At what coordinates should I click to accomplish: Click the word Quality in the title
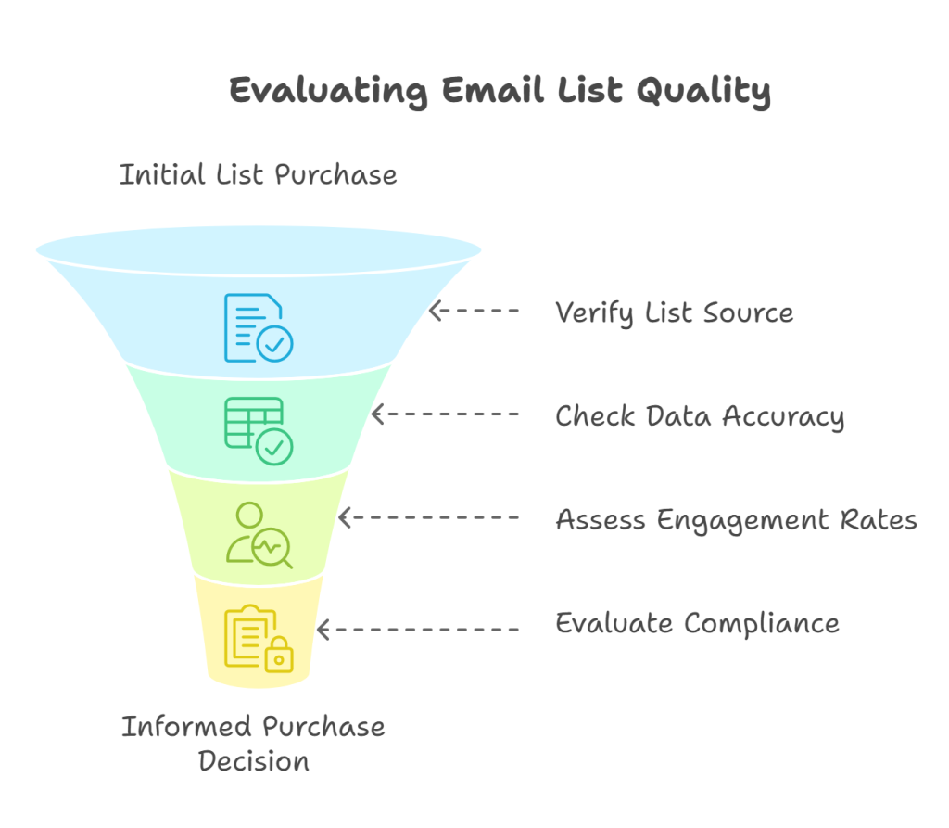(x=703, y=92)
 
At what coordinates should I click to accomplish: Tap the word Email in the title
(x=493, y=90)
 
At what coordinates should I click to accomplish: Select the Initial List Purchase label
(x=259, y=175)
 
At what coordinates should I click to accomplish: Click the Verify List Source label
(x=675, y=313)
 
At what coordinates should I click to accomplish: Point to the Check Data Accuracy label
(x=700, y=416)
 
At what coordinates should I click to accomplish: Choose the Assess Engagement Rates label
(x=737, y=520)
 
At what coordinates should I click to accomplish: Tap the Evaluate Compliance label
(x=697, y=623)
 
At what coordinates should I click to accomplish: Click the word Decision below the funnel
(x=254, y=761)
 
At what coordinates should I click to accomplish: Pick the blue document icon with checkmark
(x=259, y=327)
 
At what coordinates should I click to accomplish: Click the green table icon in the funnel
(x=259, y=431)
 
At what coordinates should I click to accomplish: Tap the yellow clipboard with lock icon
(x=259, y=639)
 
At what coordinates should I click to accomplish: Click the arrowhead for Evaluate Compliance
(x=323, y=630)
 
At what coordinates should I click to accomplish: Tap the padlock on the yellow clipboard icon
(x=278, y=655)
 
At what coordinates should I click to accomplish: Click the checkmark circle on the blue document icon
(x=274, y=344)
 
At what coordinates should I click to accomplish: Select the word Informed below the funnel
(x=186, y=727)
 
